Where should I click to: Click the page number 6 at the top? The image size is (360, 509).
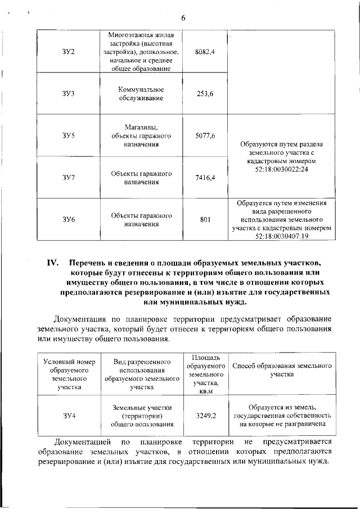tap(183, 18)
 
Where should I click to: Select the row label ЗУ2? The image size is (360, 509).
tap(69, 52)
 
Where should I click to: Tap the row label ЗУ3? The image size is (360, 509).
tap(69, 94)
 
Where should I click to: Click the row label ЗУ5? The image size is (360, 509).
tap(69, 136)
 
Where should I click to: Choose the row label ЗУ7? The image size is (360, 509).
tap(69, 178)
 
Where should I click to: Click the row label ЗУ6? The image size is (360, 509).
tap(69, 219)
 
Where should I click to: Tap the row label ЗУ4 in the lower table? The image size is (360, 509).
tap(69, 416)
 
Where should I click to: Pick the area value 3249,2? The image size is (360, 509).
tap(205, 416)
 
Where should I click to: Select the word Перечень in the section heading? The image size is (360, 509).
tap(88, 263)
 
